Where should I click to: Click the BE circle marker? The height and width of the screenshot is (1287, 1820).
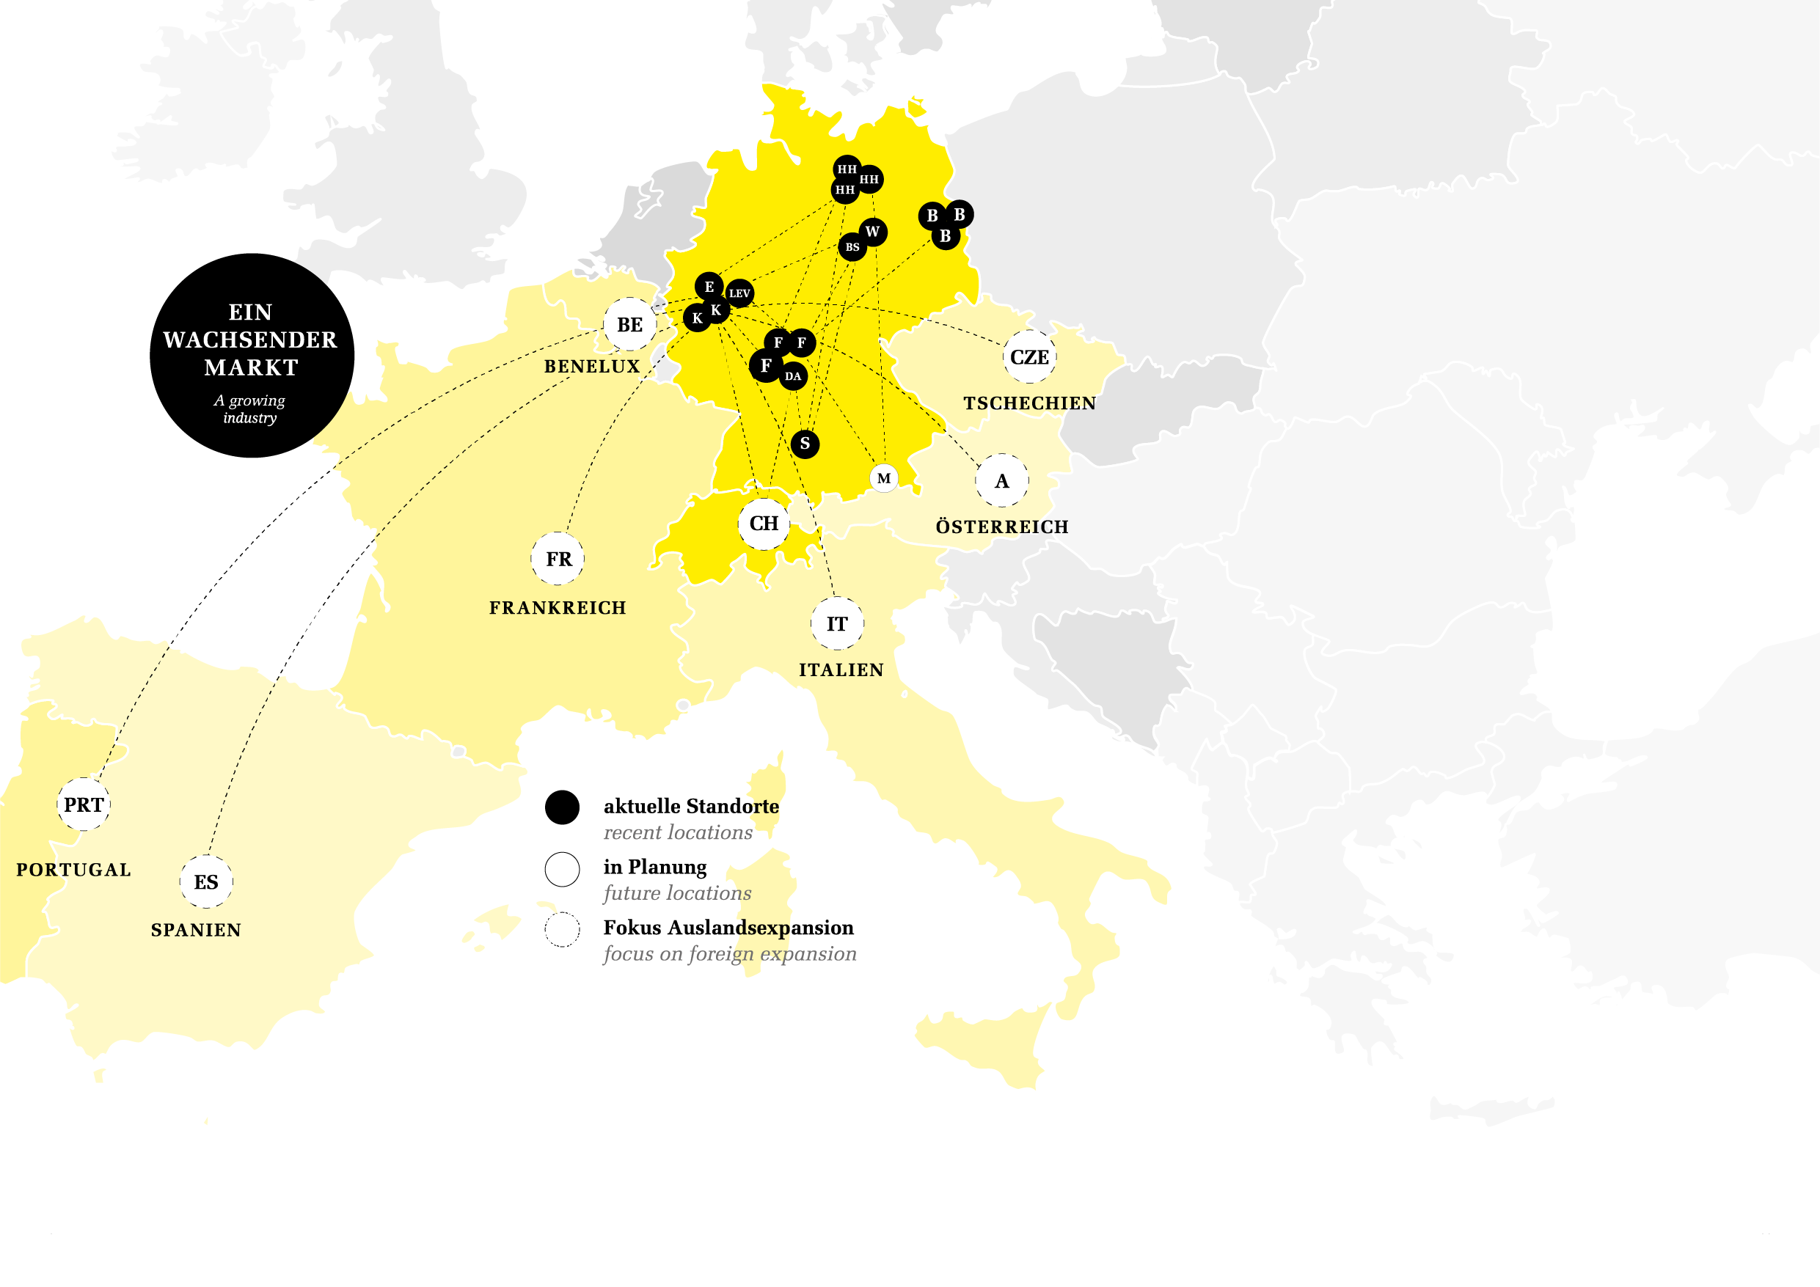tap(629, 324)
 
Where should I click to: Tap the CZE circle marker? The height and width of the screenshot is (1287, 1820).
tap(1029, 357)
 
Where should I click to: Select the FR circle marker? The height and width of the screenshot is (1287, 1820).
tap(558, 559)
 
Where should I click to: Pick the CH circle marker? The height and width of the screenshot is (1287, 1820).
tap(764, 523)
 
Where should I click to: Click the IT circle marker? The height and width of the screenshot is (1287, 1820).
tap(837, 623)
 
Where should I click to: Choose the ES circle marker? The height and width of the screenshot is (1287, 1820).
tap(206, 882)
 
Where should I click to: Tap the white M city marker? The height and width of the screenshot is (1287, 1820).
tap(884, 479)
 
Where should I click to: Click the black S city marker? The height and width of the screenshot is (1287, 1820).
tap(805, 444)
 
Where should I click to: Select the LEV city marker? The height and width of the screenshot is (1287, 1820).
tap(739, 293)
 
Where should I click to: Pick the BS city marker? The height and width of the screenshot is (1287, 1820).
tap(852, 247)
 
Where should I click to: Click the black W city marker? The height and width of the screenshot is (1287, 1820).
tap(873, 232)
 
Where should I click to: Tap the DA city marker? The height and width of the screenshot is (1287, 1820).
tap(793, 376)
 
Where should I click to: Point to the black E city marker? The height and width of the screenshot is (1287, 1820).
tap(709, 286)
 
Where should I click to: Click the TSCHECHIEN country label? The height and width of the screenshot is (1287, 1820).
tap(1030, 403)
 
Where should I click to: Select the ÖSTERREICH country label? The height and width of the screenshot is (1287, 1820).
tap(1002, 527)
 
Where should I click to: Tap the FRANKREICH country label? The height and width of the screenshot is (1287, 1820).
tap(558, 608)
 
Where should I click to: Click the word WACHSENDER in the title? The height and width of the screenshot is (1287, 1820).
tap(249, 340)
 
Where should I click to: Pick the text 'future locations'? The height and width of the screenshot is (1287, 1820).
tap(677, 893)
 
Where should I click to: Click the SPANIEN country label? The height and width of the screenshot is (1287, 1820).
tap(196, 930)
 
